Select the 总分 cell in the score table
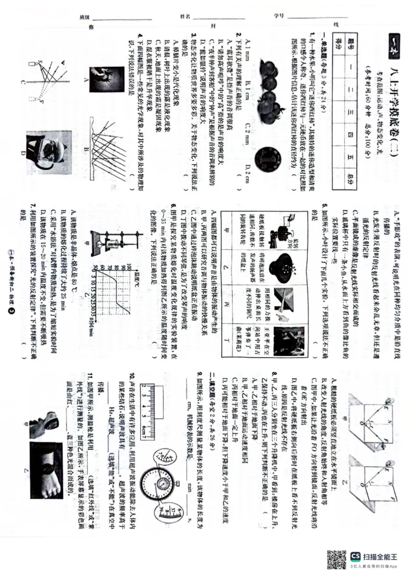click(x=350, y=175)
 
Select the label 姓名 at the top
click(x=185, y=17)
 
